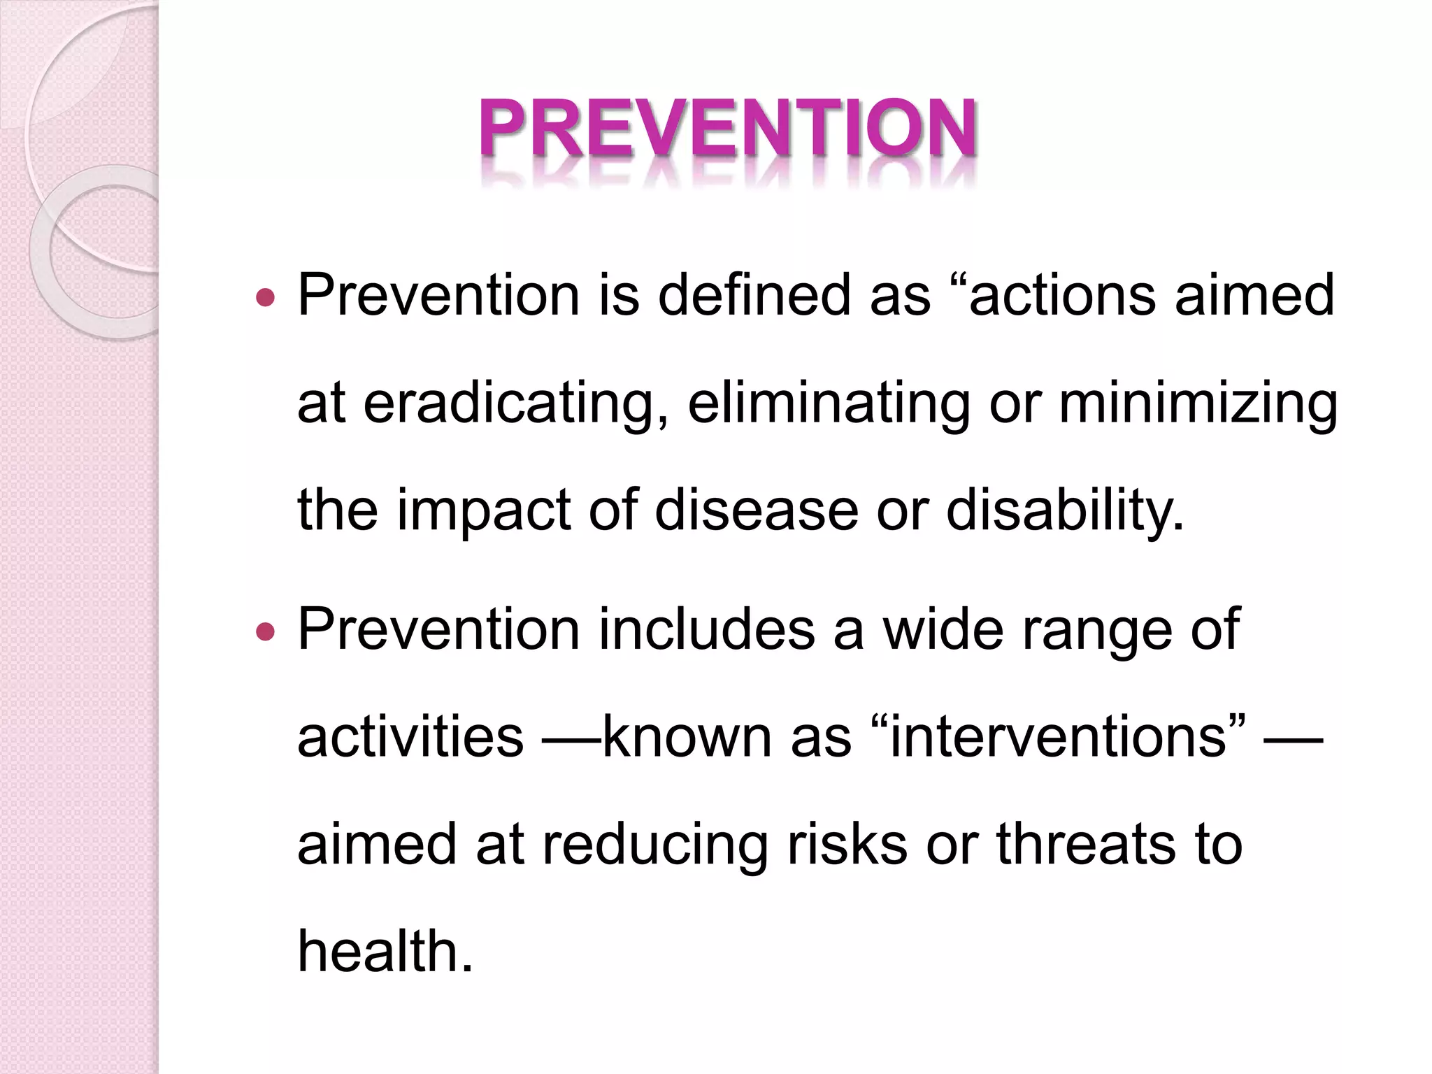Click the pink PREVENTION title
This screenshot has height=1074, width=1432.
tap(727, 130)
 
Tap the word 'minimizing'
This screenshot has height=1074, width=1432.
tap(1198, 404)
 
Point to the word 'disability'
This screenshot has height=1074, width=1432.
tap(1063, 510)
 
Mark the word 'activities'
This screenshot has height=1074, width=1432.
tap(410, 737)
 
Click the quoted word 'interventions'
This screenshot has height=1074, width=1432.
tap(1058, 737)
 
